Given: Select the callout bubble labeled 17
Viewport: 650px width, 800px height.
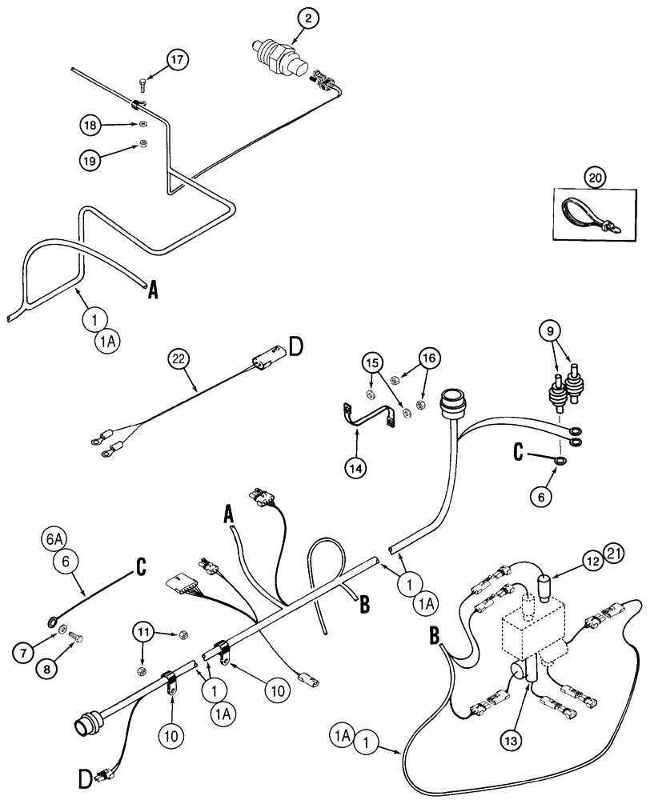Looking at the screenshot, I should (x=180, y=59).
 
